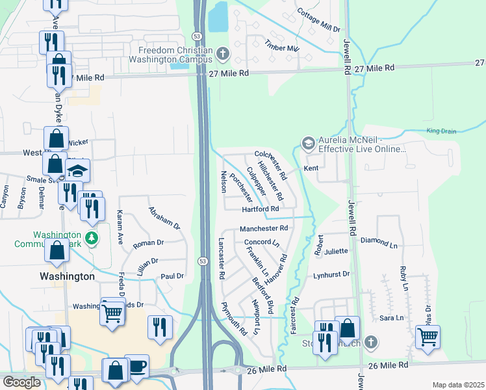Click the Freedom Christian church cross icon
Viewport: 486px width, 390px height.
(x=223, y=53)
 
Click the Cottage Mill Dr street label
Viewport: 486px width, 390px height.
(x=318, y=21)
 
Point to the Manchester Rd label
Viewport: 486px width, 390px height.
(x=263, y=229)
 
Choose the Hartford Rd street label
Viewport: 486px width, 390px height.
(x=260, y=209)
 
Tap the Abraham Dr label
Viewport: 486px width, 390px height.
(x=164, y=218)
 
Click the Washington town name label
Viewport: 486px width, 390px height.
(x=67, y=276)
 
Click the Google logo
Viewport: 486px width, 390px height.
(x=21, y=382)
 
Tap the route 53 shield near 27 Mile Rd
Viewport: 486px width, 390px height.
(x=196, y=34)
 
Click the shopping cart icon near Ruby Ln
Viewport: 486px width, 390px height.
(x=428, y=337)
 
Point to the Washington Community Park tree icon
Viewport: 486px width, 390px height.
(x=92, y=238)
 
